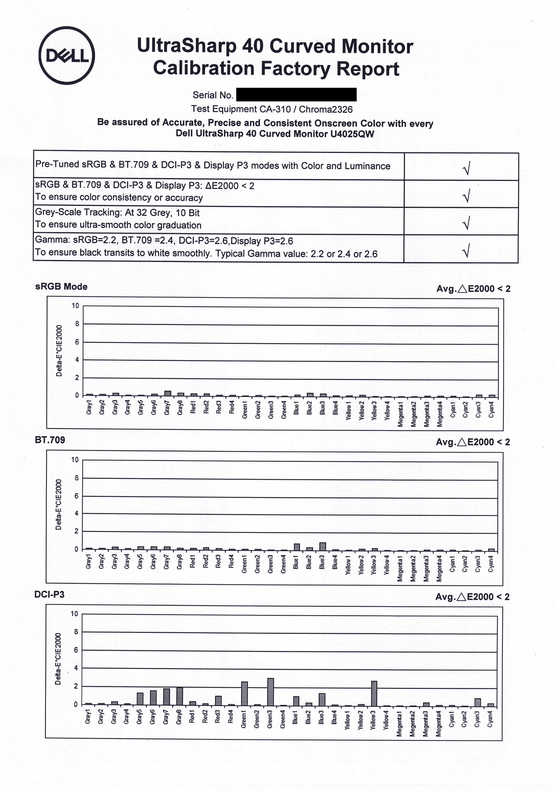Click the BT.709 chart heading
[50, 440]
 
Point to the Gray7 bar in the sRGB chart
[167, 393]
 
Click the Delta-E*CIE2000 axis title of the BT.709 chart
[59, 504]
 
